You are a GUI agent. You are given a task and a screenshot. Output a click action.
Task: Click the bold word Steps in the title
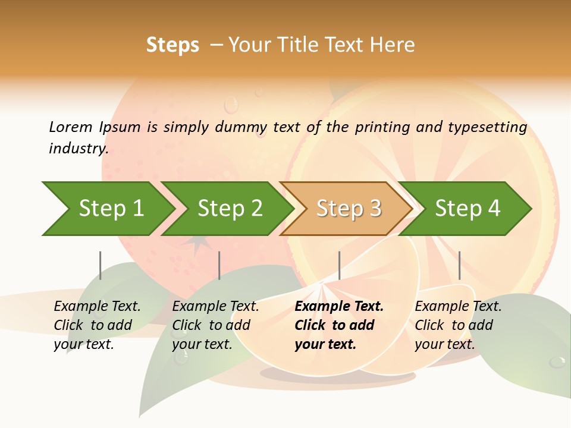pyautogui.click(x=172, y=45)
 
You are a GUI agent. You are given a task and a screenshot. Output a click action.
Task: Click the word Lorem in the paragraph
pyautogui.click(x=71, y=127)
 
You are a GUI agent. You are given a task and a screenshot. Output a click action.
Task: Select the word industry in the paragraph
pyautogui.click(x=77, y=148)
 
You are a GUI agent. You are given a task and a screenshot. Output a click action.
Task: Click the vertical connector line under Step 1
pyautogui.click(x=101, y=265)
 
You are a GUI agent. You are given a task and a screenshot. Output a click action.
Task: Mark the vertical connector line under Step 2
pyautogui.click(x=219, y=265)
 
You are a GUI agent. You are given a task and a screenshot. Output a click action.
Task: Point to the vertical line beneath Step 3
pyautogui.click(x=339, y=265)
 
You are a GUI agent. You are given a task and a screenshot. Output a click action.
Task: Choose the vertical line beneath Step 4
pyautogui.click(x=459, y=265)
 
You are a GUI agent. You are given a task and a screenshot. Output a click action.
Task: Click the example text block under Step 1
pyautogui.click(x=96, y=325)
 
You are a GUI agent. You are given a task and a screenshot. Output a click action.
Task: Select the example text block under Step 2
pyautogui.click(x=215, y=325)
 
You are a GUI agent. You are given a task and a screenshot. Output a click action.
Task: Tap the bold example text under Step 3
pyautogui.click(x=338, y=325)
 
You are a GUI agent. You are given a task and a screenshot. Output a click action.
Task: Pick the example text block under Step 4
pyautogui.click(x=457, y=325)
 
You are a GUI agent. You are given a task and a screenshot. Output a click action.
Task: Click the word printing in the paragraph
pyautogui.click(x=382, y=127)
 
